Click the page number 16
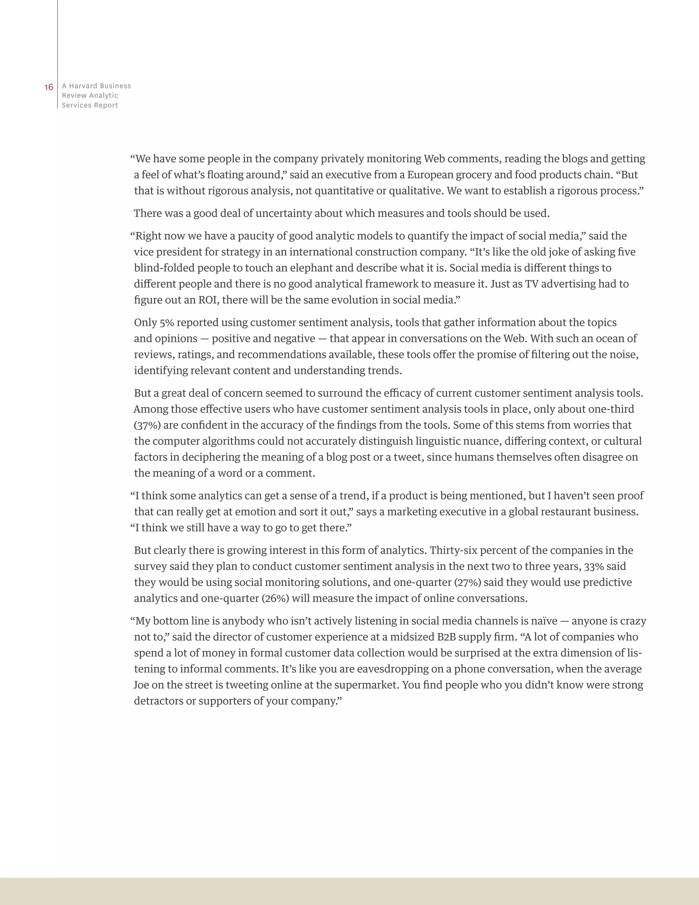pyautogui.click(x=49, y=87)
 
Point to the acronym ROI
pyautogui.click(x=208, y=300)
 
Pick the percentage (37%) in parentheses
pyautogui.click(x=147, y=425)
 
